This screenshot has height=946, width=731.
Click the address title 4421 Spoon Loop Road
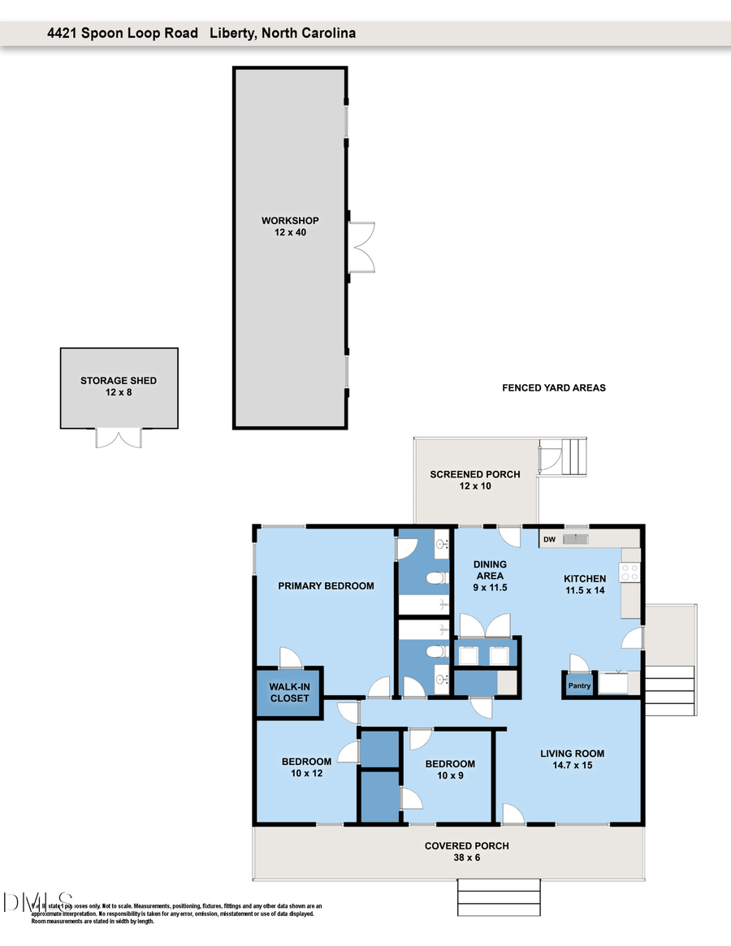pyautogui.click(x=123, y=33)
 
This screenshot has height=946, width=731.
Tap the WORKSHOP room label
pyautogui.click(x=290, y=221)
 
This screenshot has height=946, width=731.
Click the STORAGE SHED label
pyautogui.click(x=119, y=381)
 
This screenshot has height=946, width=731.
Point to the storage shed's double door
pyautogui.click(x=119, y=438)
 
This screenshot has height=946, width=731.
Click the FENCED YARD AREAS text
pyautogui.click(x=554, y=388)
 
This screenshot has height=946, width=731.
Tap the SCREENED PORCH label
pyautogui.click(x=475, y=474)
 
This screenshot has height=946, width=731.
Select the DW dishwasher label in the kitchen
pyautogui.click(x=549, y=539)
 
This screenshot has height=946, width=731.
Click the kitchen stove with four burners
pyautogui.click(x=630, y=572)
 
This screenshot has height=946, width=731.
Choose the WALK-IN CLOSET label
pyautogui.click(x=289, y=693)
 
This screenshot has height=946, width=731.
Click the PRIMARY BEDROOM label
pyautogui.click(x=326, y=586)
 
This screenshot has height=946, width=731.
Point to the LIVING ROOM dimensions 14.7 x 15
pyautogui.click(x=573, y=765)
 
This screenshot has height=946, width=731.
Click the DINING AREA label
pyautogui.click(x=490, y=570)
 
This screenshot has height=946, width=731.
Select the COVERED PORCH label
pyautogui.click(x=467, y=846)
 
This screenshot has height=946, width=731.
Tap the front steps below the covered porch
pyautogui.click(x=499, y=897)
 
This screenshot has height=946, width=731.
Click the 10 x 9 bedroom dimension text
pyautogui.click(x=450, y=775)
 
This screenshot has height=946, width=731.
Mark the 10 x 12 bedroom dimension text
pyautogui.click(x=306, y=773)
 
